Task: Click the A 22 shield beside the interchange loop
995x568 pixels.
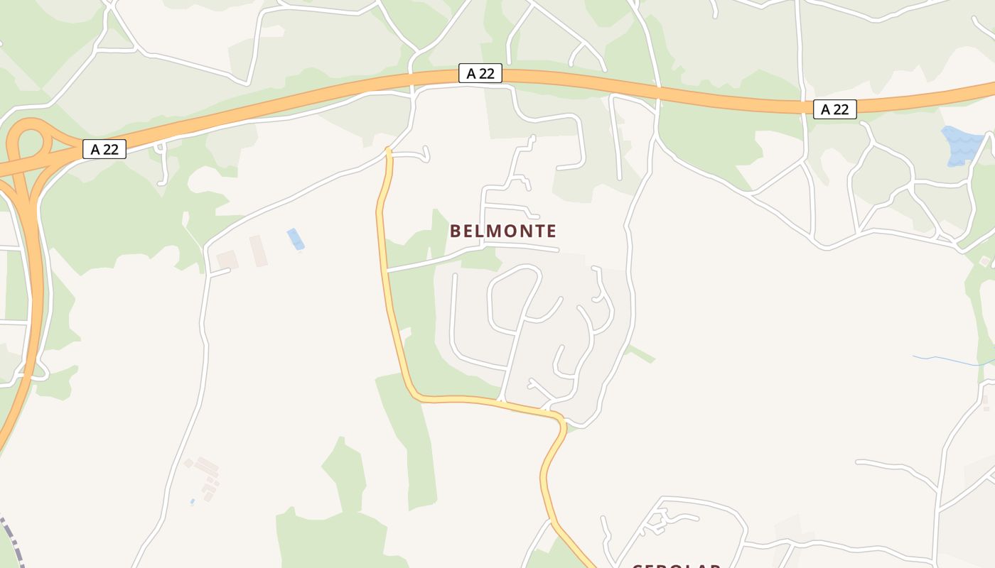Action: tap(104, 149)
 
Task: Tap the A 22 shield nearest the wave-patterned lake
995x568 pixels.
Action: tap(834, 109)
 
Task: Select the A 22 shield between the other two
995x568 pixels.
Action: tap(480, 73)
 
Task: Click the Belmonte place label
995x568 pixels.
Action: tap(503, 231)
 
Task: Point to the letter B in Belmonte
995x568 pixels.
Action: tap(456, 231)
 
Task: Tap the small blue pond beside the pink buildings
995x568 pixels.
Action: tap(295, 239)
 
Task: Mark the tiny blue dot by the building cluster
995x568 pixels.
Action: tap(193, 501)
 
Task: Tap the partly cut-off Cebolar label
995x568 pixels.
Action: tap(677, 565)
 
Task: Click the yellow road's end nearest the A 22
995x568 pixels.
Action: tap(388, 151)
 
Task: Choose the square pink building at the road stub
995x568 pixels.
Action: tap(227, 260)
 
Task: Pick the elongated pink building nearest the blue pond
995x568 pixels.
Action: tap(259, 251)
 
